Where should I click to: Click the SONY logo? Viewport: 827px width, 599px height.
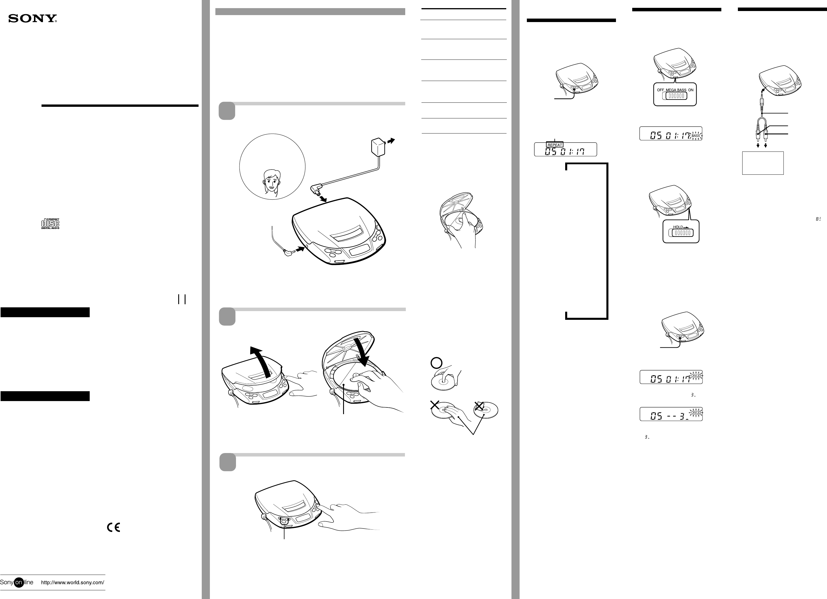[33, 19]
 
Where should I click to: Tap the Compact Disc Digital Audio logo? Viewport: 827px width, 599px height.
[50, 223]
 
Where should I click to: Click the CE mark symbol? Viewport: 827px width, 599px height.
[113, 528]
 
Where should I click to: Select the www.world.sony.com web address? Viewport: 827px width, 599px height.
[73, 582]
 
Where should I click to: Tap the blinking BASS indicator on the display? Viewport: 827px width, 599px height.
[696, 136]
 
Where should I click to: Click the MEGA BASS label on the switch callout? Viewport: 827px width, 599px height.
[676, 90]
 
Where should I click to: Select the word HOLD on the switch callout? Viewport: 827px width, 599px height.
[678, 227]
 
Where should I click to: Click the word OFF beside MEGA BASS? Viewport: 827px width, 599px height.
[660, 90]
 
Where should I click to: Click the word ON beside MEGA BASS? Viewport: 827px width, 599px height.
[691, 90]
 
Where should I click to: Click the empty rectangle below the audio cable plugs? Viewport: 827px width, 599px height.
[763, 163]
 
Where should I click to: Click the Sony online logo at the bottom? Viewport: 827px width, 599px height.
[17, 582]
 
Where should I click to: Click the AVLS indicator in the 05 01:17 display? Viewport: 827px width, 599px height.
[696, 376]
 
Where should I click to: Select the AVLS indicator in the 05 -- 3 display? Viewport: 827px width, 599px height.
[696, 413]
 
